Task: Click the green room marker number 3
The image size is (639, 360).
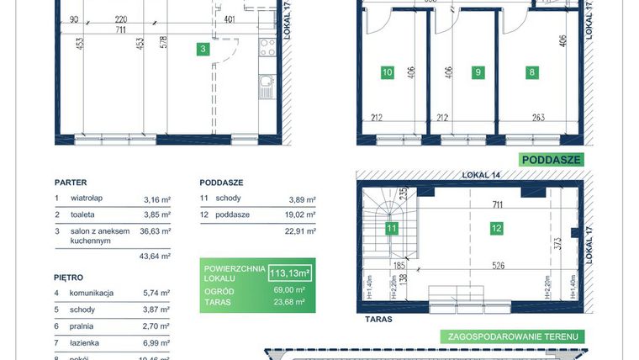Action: pos(203,50)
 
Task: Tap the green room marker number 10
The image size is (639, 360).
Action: pos(387,72)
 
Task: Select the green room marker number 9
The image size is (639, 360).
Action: pos(478,72)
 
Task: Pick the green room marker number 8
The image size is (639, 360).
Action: pos(531,72)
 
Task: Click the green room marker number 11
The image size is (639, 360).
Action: pos(391,227)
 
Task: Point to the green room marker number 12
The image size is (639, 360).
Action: pos(497,226)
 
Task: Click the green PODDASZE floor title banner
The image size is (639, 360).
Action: pos(552,160)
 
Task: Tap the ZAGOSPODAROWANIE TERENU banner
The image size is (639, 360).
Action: pos(511,336)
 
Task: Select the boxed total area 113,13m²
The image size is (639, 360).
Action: pos(290,272)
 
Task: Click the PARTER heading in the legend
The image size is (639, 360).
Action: pos(71,182)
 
